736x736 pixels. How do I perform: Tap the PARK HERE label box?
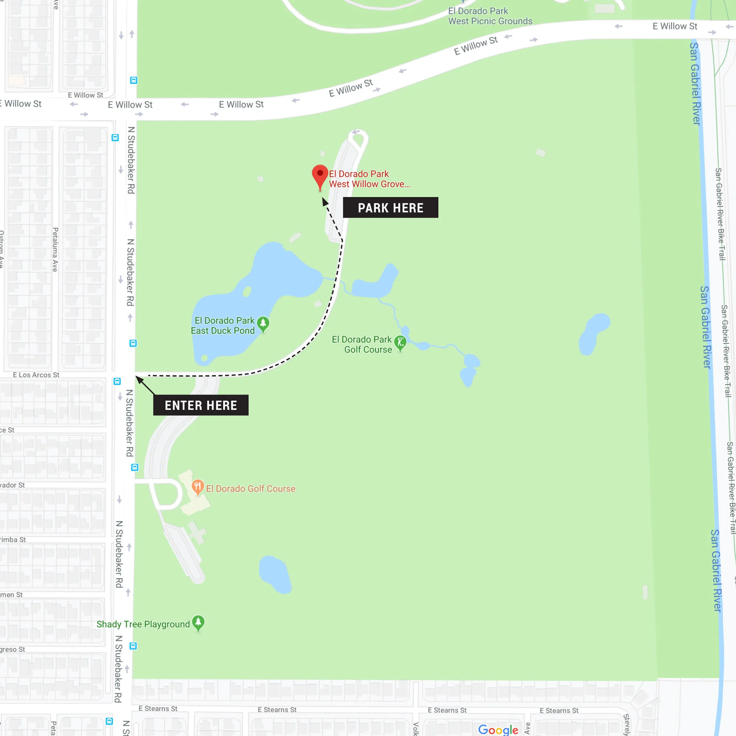pyautogui.click(x=390, y=208)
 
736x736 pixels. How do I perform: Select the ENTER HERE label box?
pyautogui.click(x=201, y=405)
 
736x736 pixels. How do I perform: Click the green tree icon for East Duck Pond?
pyautogui.click(x=263, y=324)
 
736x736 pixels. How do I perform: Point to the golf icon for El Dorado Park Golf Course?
pyautogui.click(x=400, y=343)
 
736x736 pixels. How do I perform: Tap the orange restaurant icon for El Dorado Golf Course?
pyautogui.click(x=197, y=487)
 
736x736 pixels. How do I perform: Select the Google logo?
pyautogui.click(x=498, y=729)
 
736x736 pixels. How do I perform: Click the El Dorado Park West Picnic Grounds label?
pyautogui.click(x=490, y=16)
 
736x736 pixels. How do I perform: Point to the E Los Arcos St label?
pyautogui.click(x=36, y=375)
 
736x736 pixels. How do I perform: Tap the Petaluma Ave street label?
pyautogui.click(x=55, y=250)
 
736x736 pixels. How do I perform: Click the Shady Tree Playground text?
pyautogui.click(x=143, y=624)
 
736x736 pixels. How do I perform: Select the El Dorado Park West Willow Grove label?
pyautogui.click(x=369, y=179)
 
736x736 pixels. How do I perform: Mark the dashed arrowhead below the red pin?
pyautogui.click(x=325, y=202)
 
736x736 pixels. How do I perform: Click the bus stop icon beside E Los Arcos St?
pyautogui.click(x=117, y=381)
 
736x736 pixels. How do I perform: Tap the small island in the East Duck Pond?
pyautogui.click(x=247, y=292)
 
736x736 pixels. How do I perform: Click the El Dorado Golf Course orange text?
pyautogui.click(x=251, y=489)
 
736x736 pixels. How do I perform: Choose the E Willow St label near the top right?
pyautogui.click(x=675, y=26)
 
